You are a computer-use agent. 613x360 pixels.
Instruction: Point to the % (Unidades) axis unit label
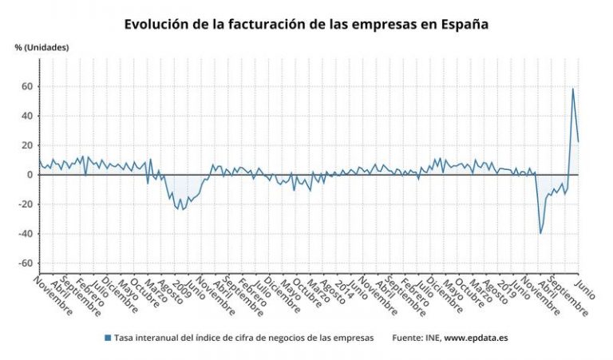pyautogui.click(x=42, y=47)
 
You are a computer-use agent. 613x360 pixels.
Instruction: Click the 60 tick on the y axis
pyautogui.click(x=26, y=86)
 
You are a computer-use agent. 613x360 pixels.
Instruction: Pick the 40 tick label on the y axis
pyautogui.click(x=26, y=116)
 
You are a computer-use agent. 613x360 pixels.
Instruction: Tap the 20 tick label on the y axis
pyautogui.click(x=26, y=145)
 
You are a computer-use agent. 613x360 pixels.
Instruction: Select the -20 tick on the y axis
pyautogui.click(x=25, y=204)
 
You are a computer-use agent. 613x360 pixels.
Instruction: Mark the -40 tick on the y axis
pyautogui.click(x=25, y=234)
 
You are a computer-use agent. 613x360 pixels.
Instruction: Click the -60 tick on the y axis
pyautogui.click(x=25, y=263)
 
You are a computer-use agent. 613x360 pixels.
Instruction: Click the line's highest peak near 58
pyautogui.click(x=572, y=89)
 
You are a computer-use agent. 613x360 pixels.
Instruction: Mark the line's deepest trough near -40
pyautogui.click(x=540, y=233)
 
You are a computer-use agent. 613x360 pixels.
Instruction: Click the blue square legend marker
pyautogui.click(x=108, y=338)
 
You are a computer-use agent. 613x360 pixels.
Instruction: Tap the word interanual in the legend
pyautogui.click(x=162, y=338)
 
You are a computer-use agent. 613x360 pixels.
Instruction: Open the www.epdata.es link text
pyautogui.click(x=476, y=338)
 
